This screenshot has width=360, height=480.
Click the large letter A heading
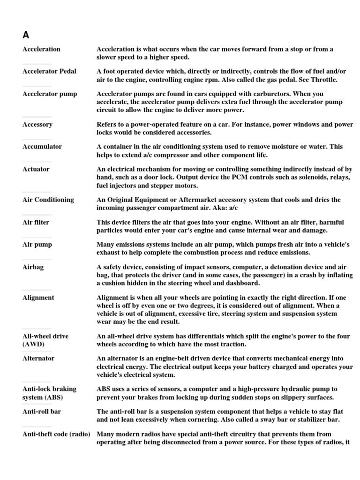point(26,35)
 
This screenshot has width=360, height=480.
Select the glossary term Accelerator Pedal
point(49,71)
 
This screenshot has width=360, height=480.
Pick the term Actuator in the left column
point(36,169)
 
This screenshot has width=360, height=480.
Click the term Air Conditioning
point(48,199)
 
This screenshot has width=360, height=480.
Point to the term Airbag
point(33,267)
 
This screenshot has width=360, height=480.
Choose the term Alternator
point(38,358)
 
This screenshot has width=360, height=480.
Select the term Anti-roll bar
point(42,411)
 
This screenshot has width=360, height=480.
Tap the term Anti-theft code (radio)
point(56,434)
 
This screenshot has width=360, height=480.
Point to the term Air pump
point(37,244)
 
